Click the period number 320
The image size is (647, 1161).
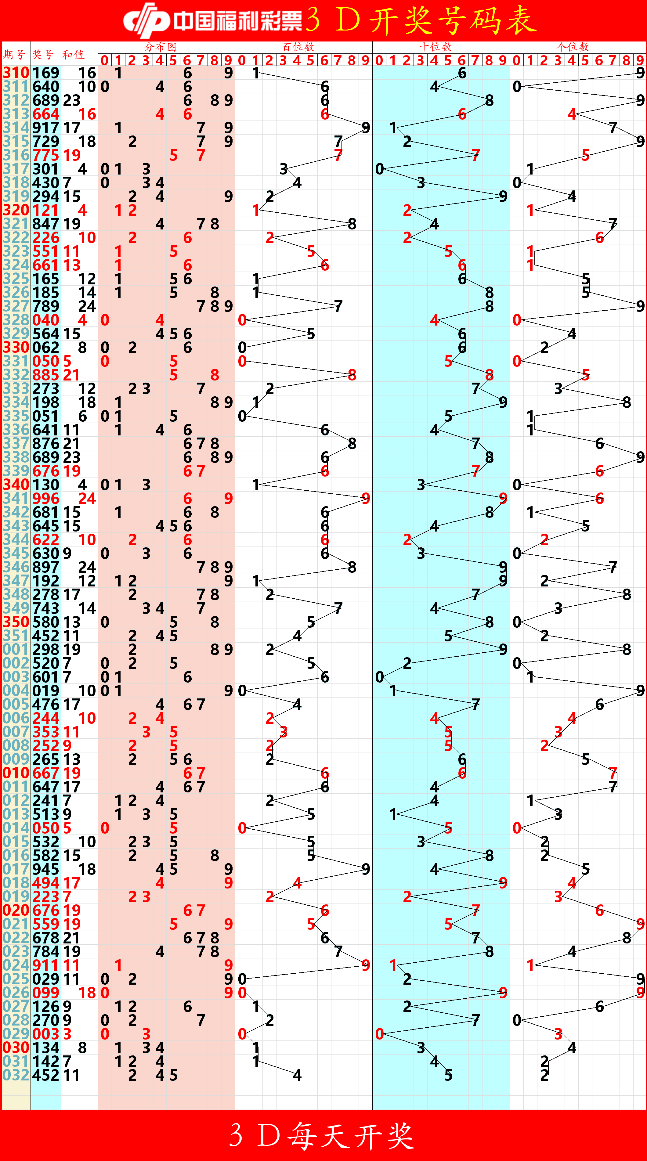click(16, 210)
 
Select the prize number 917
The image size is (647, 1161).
click(45, 128)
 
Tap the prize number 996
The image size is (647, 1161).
click(45, 499)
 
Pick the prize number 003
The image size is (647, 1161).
click(45, 1033)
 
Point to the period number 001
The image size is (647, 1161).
click(16, 649)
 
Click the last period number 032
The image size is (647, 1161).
click(16, 1075)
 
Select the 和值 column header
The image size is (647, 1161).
click(73, 55)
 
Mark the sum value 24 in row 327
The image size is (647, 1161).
click(87, 306)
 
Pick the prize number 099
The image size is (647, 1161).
click(45, 993)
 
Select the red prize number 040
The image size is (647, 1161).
click(45, 320)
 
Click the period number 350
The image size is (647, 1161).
click(16, 622)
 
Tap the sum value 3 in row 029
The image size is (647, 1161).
click(67, 1033)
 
